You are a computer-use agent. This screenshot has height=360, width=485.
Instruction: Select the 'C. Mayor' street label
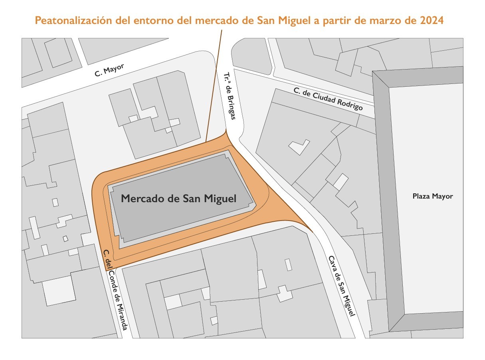(110, 70)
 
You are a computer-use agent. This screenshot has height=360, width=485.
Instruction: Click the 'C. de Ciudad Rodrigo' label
(328, 99)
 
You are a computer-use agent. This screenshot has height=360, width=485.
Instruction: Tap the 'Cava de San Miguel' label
(341, 285)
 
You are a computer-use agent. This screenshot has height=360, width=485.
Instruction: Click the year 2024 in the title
(432, 20)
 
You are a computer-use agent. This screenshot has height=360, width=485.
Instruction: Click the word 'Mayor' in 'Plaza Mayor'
(443, 196)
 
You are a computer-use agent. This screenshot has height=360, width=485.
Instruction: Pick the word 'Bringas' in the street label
(231, 106)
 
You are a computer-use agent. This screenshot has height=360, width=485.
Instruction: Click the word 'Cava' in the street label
(332, 264)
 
